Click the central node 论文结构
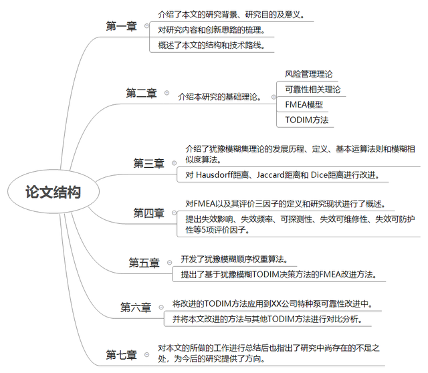coord(53,192)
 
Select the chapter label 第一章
coord(122,26)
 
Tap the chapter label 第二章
coord(141,93)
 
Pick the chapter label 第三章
coord(148,163)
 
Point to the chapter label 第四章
coord(148,213)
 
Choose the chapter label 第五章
coord(144,263)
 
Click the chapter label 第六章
coord(136,307)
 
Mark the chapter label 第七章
coord(122,355)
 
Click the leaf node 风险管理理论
coord(309,74)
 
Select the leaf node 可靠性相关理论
coord(313,89)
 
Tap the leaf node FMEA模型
coord(304,104)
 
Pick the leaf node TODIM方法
coord(307,120)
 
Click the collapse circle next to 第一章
coord(147,26)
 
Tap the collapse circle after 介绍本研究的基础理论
coord(274,97)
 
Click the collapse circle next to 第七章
coord(147,354)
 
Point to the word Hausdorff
coord(215,174)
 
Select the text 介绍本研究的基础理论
coord(220,97)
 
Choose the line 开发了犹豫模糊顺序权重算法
coord(234,259)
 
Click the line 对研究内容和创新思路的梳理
coord(211,29)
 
